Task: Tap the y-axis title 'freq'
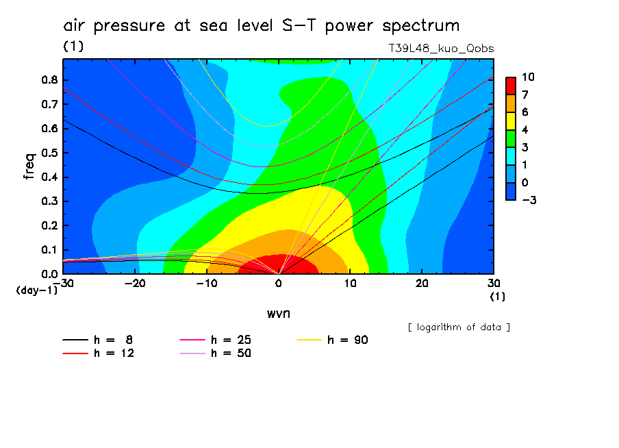29,166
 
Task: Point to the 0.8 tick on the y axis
49,79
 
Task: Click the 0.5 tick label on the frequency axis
49,153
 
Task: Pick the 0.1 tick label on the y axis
49,250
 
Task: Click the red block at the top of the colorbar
510,85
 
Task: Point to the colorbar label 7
528,94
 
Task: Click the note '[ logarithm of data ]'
459,327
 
